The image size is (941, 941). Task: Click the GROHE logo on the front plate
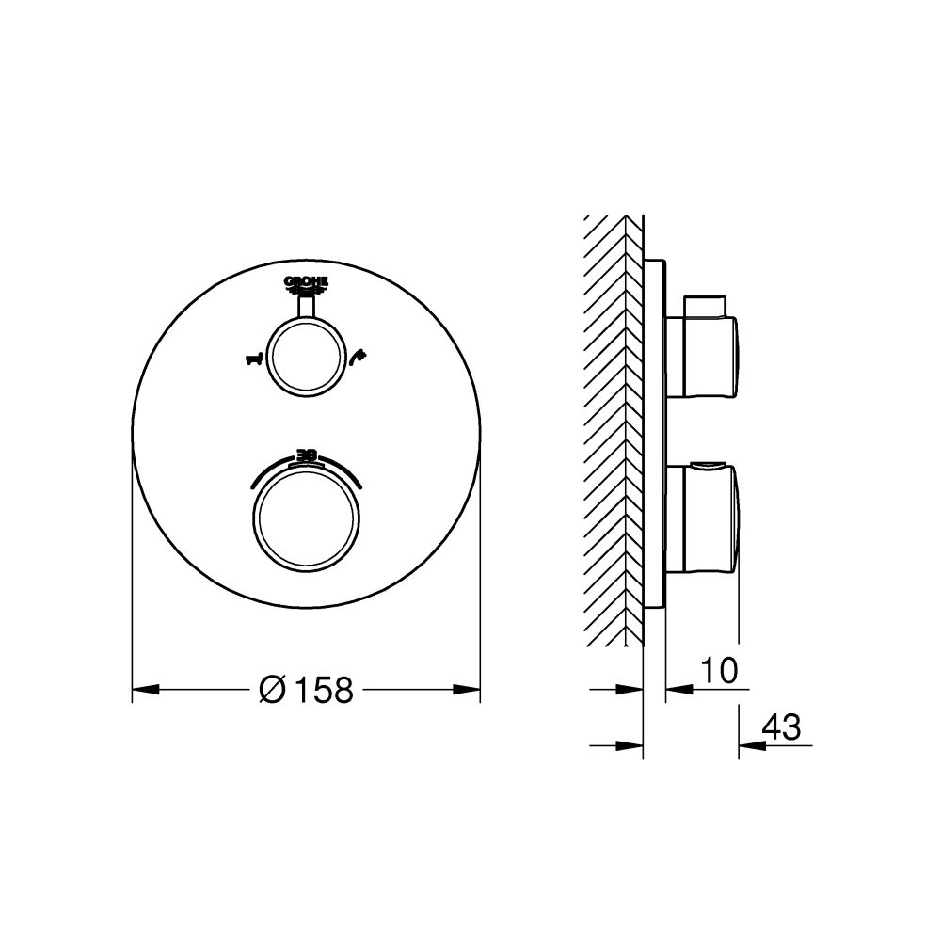306,282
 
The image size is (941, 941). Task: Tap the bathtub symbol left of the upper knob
251,359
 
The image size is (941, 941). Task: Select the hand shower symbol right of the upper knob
357,356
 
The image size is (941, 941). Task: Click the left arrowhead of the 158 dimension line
142,690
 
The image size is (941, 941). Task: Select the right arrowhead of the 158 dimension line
470,690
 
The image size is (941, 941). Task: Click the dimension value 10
717,671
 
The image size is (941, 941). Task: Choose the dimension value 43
781,726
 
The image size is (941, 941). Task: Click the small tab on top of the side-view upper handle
706,306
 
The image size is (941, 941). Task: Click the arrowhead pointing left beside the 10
676,690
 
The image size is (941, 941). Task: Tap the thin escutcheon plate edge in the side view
656,433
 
